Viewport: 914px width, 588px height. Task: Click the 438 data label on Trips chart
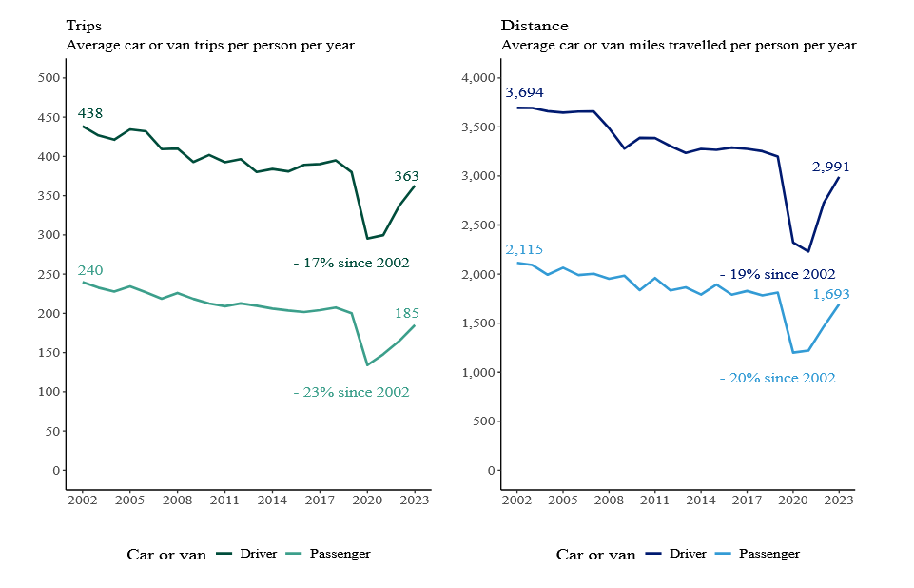(x=89, y=114)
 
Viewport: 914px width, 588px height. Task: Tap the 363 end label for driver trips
(x=406, y=176)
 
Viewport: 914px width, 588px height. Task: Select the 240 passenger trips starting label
(x=89, y=270)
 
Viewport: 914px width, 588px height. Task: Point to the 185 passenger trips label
(x=406, y=313)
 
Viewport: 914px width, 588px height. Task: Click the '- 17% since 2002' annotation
(x=351, y=263)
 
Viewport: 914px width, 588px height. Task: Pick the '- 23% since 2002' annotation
(x=351, y=392)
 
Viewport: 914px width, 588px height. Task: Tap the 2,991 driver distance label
(x=830, y=167)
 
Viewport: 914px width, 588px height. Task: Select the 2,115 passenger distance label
(x=525, y=249)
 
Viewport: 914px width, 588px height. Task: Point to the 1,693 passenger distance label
(x=830, y=295)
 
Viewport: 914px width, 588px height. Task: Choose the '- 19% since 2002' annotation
(x=777, y=274)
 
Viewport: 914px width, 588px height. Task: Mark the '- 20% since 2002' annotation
(x=777, y=378)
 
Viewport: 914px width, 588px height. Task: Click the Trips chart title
(x=85, y=26)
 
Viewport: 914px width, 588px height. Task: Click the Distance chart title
(x=534, y=26)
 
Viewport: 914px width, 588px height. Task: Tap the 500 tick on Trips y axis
(x=48, y=78)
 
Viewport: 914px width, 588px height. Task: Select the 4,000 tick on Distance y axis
(x=476, y=78)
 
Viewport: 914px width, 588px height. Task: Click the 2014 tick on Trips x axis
(x=272, y=500)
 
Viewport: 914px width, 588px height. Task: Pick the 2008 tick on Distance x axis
(x=609, y=500)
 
